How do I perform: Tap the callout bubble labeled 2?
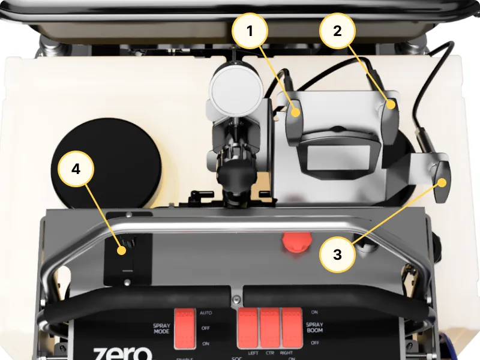337,31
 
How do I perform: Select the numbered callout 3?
337,254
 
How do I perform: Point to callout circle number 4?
76,169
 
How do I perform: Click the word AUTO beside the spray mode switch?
205,313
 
